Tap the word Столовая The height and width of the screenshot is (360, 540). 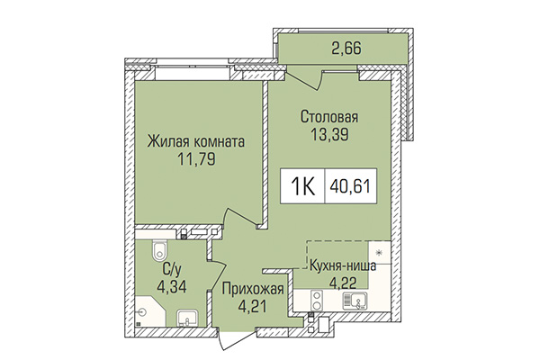click(328, 117)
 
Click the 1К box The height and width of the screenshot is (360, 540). click(303, 187)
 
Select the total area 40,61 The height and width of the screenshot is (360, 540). click(351, 187)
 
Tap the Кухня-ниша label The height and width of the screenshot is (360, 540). click(342, 265)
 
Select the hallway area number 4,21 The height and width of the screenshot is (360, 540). click(250, 306)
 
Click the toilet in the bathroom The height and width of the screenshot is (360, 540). click(158, 250)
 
